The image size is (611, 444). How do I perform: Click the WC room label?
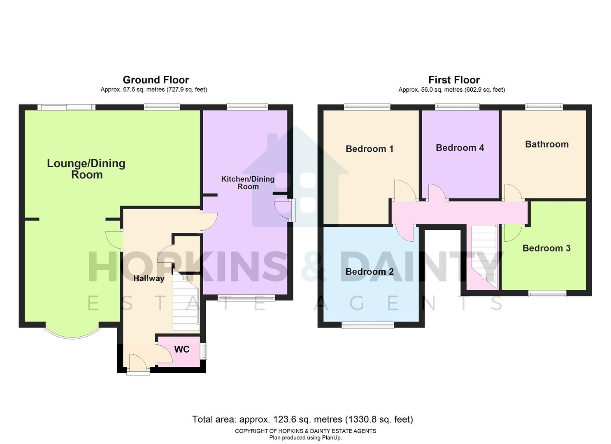point(182,349)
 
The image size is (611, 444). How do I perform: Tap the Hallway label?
point(149,278)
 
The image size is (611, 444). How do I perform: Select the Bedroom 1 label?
point(369,149)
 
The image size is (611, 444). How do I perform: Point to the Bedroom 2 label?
point(369,272)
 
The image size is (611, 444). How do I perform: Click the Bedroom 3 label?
point(546,248)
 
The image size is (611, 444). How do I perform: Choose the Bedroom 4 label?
point(460,148)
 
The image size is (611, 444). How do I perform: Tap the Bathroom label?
point(547,144)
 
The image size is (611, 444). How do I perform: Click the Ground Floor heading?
point(156,80)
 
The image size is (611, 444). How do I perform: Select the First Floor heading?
point(454,80)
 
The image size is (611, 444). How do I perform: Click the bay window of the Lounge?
point(72,333)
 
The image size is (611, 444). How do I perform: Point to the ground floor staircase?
point(186,304)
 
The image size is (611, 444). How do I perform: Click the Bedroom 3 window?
point(547,294)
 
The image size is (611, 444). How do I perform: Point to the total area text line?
point(302,419)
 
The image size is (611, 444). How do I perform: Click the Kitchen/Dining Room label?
point(248,183)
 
